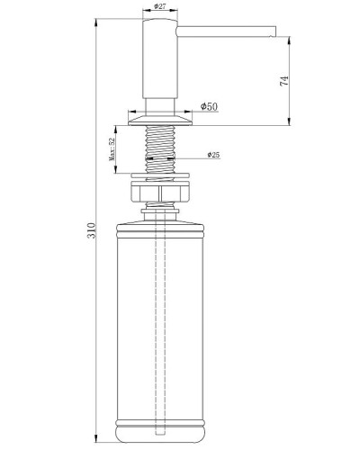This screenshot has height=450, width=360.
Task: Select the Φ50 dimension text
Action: tap(209, 107)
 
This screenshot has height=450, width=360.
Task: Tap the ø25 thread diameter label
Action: tap(214, 155)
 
